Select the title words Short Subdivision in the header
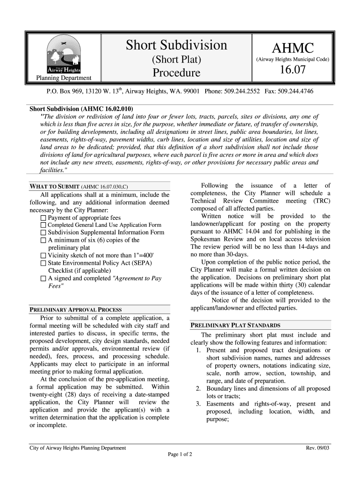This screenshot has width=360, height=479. [x=177, y=45]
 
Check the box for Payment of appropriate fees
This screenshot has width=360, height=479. [x=44, y=218]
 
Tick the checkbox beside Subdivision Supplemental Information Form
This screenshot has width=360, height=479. [x=44, y=232]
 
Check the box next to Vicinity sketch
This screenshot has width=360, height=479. [x=44, y=255]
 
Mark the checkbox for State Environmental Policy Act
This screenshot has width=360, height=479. [x=44, y=263]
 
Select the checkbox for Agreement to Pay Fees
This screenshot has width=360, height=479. [x=44, y=278]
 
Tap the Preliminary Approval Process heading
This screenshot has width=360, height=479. [x=76, y=310]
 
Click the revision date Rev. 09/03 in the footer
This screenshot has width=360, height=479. [x=318, y=448]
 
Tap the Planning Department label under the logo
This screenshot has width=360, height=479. [x=64, y=78]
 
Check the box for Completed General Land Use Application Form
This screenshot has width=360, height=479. [x=44, y=225]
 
